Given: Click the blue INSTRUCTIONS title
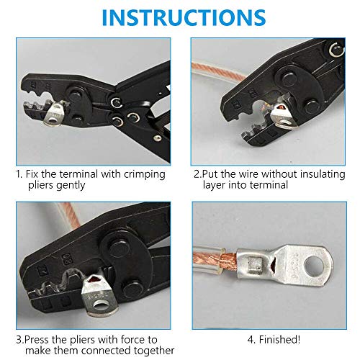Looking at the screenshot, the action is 184,17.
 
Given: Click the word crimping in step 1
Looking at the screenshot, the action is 145,175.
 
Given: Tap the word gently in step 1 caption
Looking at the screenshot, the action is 71,186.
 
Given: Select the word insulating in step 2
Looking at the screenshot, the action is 323,174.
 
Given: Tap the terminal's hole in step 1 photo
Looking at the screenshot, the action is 53,119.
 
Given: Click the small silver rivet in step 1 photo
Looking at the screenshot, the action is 157,138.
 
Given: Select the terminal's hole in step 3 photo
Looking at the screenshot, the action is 100,305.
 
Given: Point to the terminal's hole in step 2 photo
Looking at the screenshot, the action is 285,123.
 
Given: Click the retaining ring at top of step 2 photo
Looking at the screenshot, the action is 336,50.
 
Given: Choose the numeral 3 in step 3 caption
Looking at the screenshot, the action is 19,341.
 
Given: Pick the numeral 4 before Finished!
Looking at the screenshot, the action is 251,340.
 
